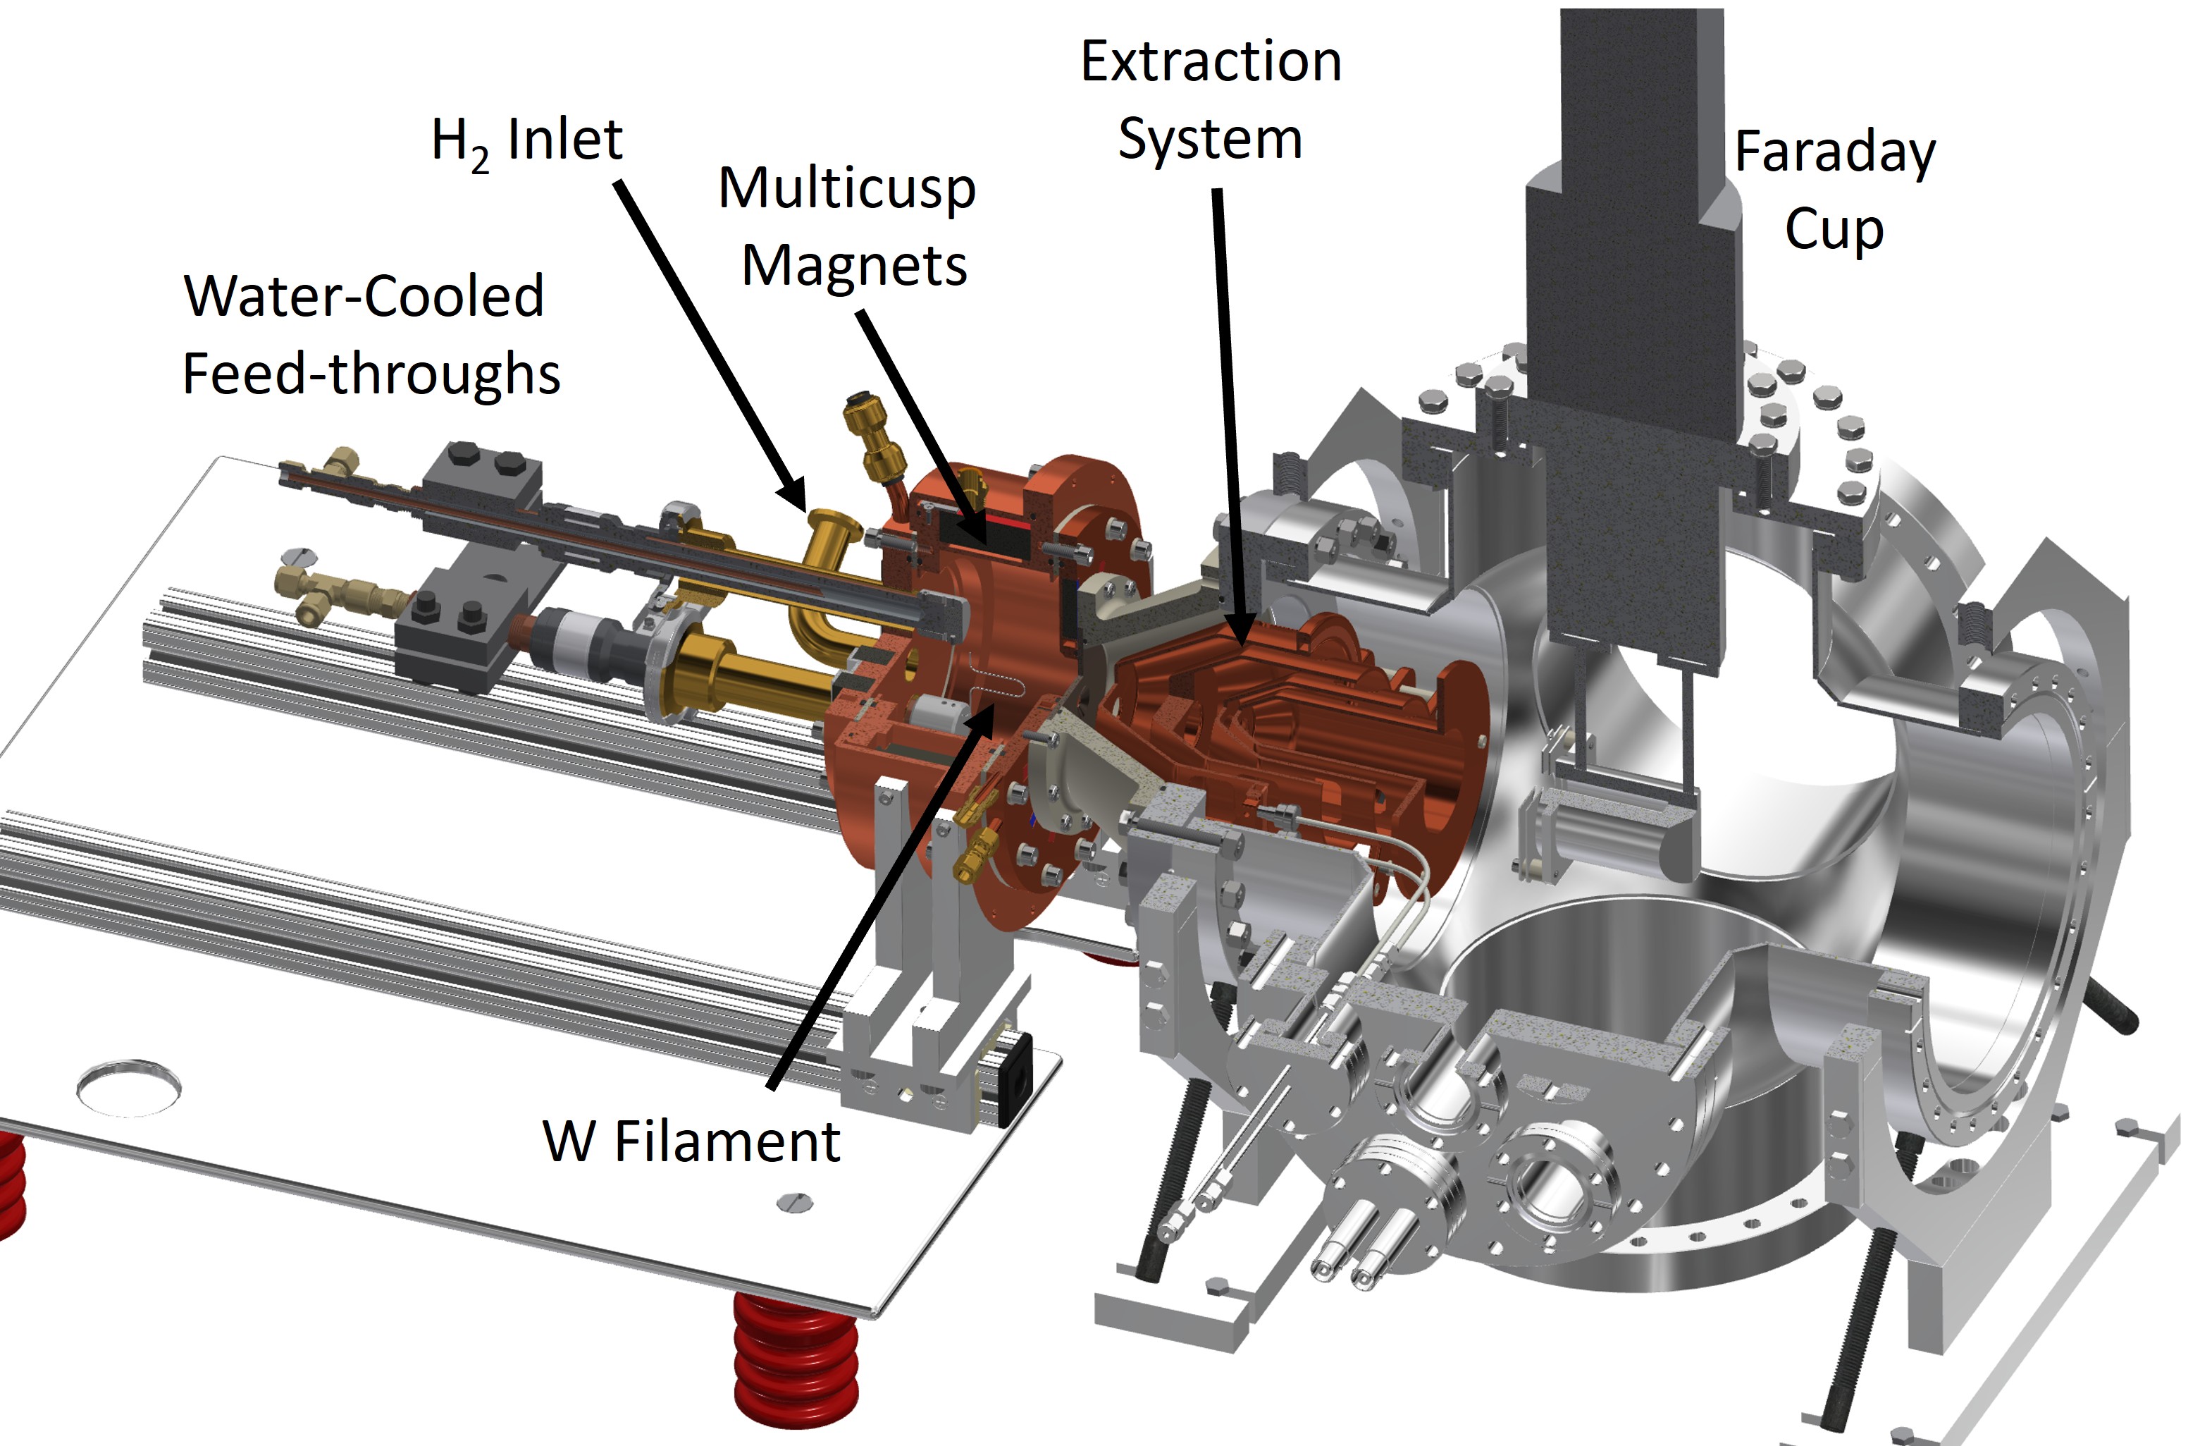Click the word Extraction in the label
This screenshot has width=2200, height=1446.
point(1210,62)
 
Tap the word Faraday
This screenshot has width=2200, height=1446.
point(1834,152)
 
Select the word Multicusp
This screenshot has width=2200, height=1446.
point(847,190)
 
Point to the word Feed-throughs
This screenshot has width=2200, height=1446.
point(371,374)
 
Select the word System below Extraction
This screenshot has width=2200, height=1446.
point(1210,140)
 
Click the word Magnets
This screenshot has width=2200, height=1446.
point(854,266)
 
